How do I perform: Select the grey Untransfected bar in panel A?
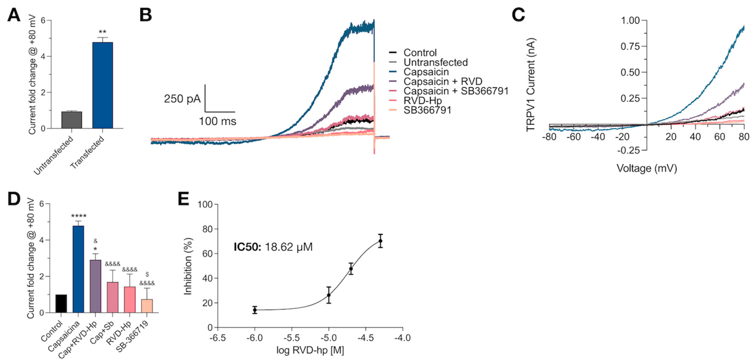72,120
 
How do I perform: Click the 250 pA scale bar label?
182,99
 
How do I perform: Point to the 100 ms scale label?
218,121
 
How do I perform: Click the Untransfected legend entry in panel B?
435,62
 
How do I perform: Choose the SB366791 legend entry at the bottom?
427,110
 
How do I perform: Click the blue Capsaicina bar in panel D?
78,269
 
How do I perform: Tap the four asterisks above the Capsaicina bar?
78,216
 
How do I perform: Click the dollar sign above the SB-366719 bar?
147,275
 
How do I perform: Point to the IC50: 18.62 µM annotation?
273,247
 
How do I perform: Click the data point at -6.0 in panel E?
255,310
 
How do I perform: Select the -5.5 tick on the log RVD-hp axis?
291,338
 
